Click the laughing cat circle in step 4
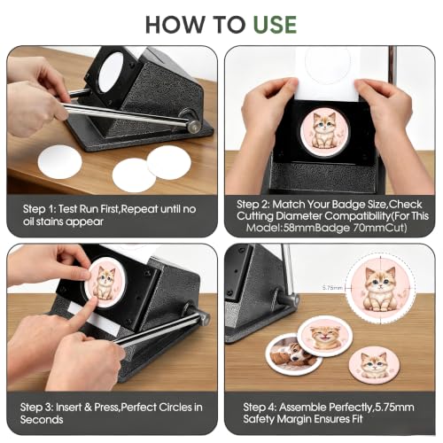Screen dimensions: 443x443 click(324, 335)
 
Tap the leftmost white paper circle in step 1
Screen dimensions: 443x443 click(59, 162)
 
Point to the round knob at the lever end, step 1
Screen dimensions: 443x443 click(195, 126)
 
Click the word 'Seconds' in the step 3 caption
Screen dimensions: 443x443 click(42, 419)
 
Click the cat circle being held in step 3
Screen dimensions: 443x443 click(107, 282)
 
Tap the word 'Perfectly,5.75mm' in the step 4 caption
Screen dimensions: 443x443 click(346, 408)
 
